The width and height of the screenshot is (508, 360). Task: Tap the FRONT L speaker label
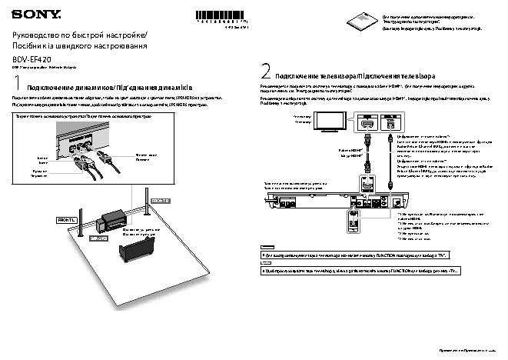(x=68, y=220)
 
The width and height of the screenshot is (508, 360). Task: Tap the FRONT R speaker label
(x=158, y=200)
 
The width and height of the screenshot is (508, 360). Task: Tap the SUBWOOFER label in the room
(x=100, y=238)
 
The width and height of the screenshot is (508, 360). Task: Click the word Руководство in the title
(x=38, y=37)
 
